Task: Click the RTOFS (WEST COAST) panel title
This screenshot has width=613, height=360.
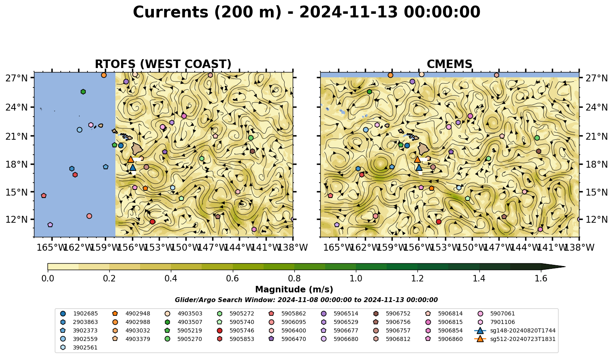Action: tap(163, 64)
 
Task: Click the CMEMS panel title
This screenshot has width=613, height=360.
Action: tap(449, 64)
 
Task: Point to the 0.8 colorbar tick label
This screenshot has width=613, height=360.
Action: tap(294, 279)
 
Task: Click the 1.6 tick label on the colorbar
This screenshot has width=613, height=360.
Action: tap(541, 279)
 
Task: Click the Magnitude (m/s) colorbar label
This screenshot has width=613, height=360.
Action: tap(294, 290)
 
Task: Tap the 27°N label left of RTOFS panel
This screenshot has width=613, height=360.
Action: tap(17, 78)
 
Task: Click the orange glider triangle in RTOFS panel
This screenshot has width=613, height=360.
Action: tap(130, 159)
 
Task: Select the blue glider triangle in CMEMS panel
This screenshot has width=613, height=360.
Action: tap(419, 168)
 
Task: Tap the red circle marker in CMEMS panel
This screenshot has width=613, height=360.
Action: tap(438, 222)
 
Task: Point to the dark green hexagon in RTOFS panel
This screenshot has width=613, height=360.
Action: tap(83, 92)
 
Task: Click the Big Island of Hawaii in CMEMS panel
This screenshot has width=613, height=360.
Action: tap(424, 149)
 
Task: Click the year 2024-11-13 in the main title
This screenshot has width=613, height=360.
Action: tap(348, 13)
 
